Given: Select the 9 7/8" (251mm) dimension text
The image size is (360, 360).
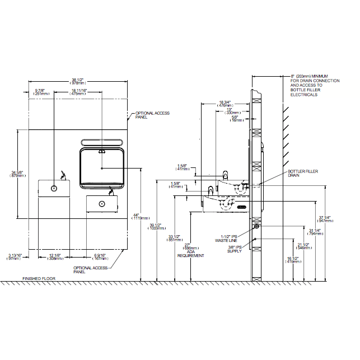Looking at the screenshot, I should pyautogui.click(x=41, y=92).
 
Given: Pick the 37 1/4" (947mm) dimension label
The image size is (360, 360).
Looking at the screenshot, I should pyautogui.click(x=339, y=219).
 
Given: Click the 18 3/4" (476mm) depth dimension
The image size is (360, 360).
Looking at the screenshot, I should pyautogui.click(x=225, y=103).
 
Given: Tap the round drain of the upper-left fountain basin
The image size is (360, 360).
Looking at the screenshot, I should pyautogui.click(x=54, y=189).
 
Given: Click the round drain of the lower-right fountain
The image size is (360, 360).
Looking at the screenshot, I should pyautogui.click(x=102, y=204).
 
